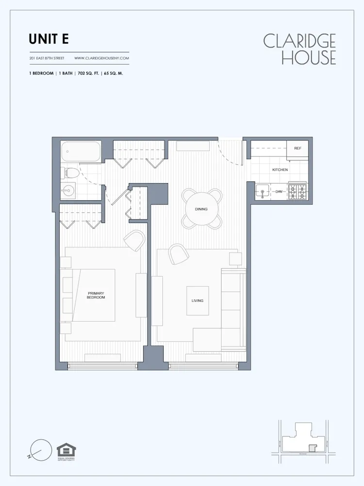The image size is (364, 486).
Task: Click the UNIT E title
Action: pos(49,39)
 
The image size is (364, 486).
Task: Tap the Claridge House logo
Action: pos(299,49)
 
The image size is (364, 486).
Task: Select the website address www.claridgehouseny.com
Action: pos(101,58)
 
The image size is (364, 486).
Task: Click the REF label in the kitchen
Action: pos(298,148)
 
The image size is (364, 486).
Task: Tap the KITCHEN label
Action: pos(280,170)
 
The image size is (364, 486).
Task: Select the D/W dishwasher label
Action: pos(279,192)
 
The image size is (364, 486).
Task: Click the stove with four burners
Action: pos(298,191)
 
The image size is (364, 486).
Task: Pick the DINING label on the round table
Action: pos(201,209)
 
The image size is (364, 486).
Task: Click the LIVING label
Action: pos(197,300)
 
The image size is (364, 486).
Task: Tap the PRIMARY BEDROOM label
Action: pos(96,295)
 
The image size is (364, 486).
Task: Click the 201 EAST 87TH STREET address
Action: pos(47,58)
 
